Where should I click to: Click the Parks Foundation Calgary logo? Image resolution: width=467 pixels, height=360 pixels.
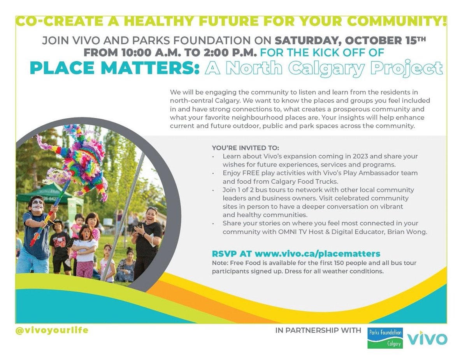(385, 337)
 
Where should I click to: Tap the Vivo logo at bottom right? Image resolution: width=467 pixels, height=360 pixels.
(427, 338)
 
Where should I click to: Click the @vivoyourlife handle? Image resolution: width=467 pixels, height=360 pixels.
(52, 330)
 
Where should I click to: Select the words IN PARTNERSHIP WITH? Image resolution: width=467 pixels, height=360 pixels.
(318, 331)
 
